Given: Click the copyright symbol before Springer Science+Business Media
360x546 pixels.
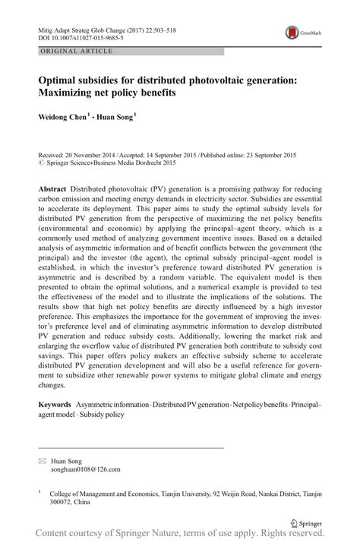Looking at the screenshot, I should click(x=42, y=162).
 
